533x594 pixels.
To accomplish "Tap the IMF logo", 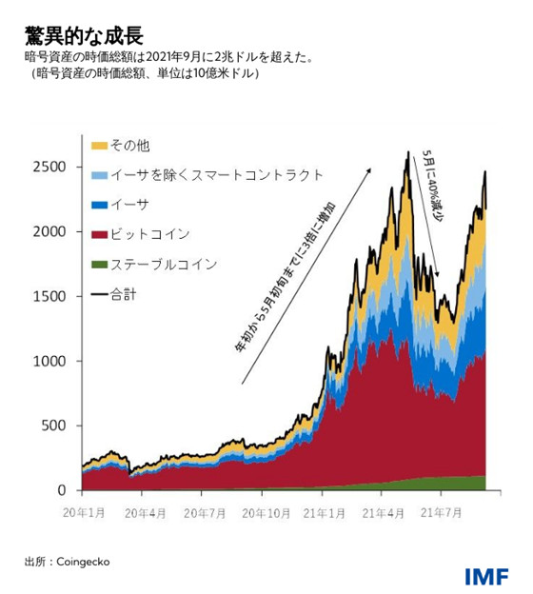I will [x=486, y=576].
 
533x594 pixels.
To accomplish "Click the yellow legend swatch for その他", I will [x=99, y=146].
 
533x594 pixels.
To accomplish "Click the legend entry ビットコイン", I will [x=150, y=234].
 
